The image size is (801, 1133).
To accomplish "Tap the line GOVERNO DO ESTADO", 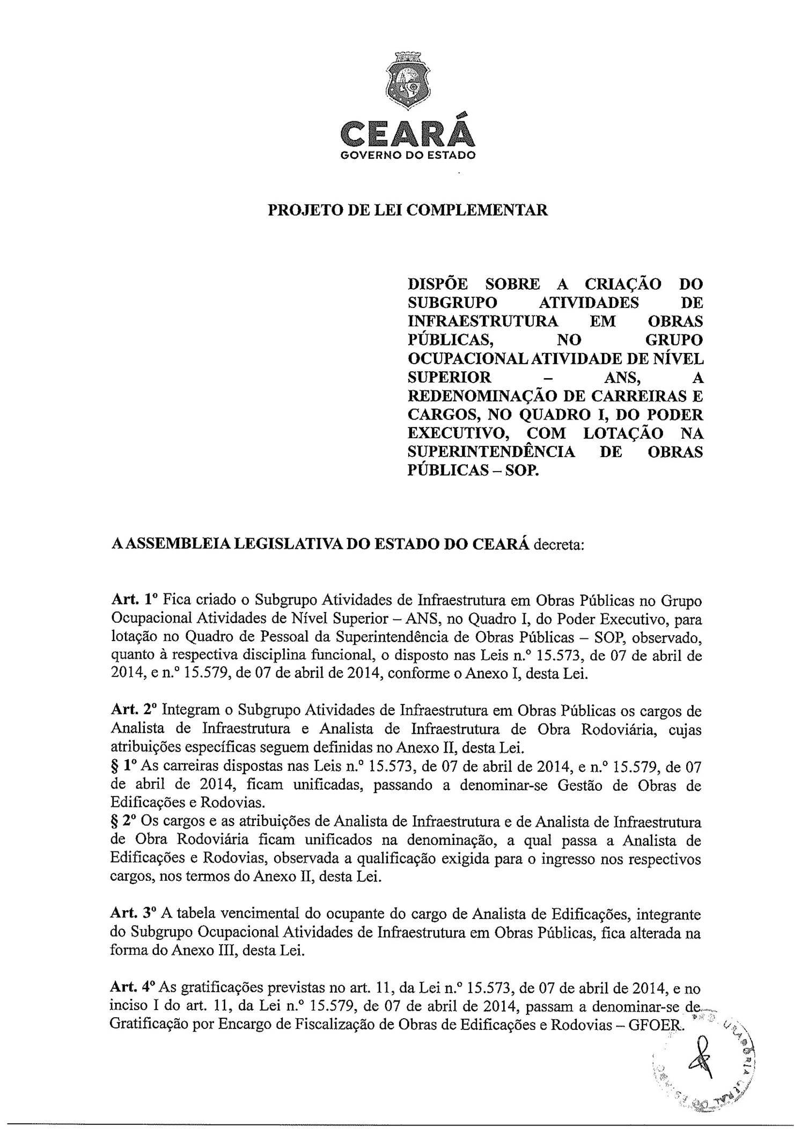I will point(408,156).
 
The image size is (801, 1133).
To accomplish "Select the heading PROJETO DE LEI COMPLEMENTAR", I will point(408,210).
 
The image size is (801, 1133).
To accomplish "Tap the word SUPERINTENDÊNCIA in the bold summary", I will point(491,452).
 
